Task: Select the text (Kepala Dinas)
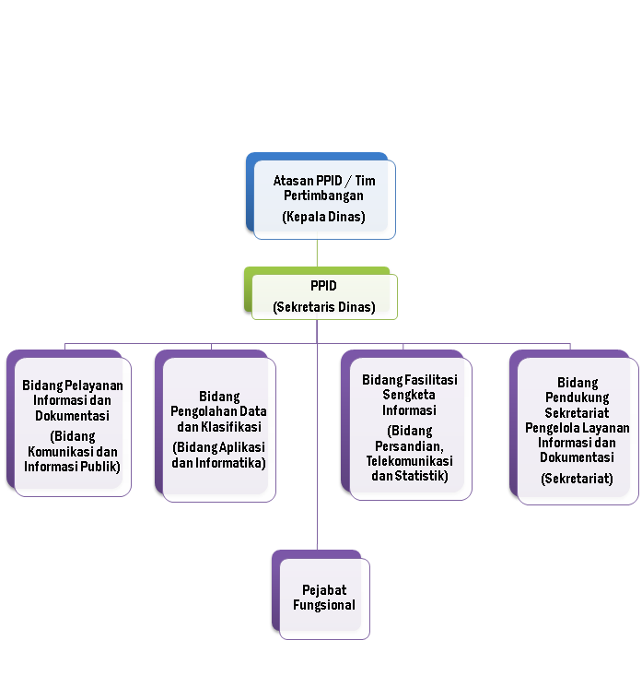[x=323, y=218]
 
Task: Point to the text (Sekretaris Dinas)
[x=324, y=307]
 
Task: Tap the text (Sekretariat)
[x=578, y=479]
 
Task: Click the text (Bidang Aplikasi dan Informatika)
[x=218, y=454]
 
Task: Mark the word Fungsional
[x=324, y=605]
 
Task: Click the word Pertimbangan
[x=323, y=196]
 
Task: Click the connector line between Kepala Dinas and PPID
[x=318, y=253]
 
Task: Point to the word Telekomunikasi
[x=409, y=460]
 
